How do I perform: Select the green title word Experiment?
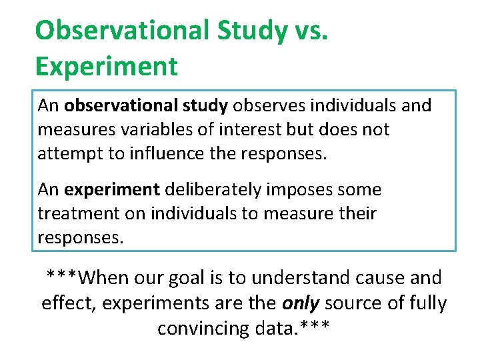(106, 66)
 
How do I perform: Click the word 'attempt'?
(64, 153)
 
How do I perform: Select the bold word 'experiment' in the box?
(112, 190)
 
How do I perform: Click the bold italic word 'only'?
(301, 303)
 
